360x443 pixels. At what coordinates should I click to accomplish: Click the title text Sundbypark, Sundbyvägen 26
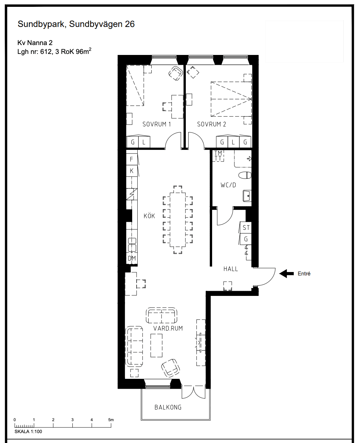pos(76,24)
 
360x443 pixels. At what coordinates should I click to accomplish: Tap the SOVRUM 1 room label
pos(156,124)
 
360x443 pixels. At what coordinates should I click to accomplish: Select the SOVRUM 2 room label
pos(211,124)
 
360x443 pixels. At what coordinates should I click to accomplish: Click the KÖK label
pos(149,216)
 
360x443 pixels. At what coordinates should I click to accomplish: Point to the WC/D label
pos(228,185)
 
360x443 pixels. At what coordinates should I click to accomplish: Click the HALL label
pos(231,269)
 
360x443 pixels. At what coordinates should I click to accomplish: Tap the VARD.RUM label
pos(168,328)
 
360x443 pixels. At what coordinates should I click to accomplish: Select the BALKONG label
pos(168,407)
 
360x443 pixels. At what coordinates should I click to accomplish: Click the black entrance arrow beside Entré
pos(286,273)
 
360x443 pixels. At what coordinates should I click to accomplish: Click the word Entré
pos(304,274)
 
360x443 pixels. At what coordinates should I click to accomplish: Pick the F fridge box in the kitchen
pos(131,159)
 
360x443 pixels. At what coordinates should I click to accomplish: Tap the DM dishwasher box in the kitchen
pos(132,258)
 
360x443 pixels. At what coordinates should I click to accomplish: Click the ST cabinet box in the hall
pos(246,228)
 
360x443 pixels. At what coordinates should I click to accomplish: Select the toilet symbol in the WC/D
pos(245,175)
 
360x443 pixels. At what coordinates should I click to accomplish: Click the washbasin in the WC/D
pos(247,196)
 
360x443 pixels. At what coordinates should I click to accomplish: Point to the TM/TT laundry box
pos(218,156)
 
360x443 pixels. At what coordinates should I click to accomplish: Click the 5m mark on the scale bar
pos(111,420)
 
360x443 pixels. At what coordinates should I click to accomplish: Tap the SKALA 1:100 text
pos(28,431)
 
